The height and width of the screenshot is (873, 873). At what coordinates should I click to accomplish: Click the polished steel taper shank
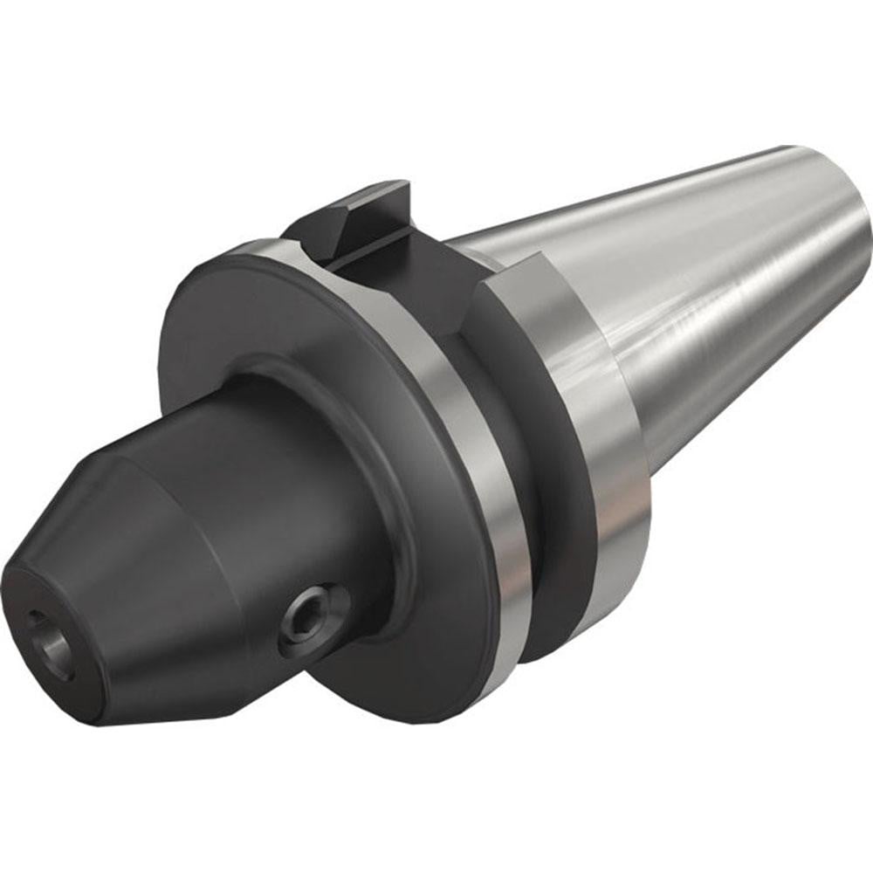698,279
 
